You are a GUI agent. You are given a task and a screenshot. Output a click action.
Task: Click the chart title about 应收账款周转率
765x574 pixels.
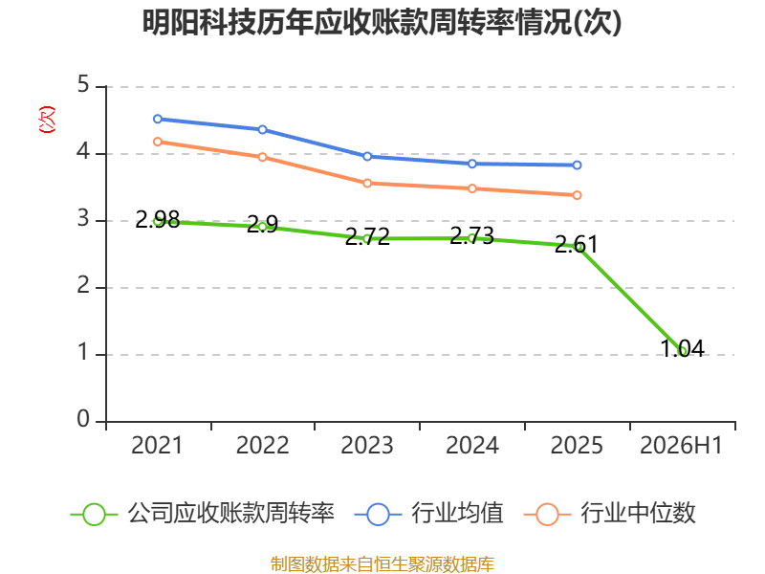point(382,22)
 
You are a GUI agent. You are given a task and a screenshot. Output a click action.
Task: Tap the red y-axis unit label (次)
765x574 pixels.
point(47,120)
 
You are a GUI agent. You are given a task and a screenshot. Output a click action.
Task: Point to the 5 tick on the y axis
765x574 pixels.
point(83,85)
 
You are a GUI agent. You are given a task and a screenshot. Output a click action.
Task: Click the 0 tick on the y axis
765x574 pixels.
point(83,419)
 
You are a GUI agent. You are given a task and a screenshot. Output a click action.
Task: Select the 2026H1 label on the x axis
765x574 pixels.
point(681,446)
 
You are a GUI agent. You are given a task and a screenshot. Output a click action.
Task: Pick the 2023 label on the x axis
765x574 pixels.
point(367,446)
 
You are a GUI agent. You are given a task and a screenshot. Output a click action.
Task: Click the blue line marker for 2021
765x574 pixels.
point(158,119)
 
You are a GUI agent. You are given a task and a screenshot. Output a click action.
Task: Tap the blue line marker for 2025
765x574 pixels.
point(578,166)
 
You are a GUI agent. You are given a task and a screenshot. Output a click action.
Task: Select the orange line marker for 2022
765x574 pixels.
point(262,157)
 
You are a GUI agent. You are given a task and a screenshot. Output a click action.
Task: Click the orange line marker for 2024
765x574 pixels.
point(472,188)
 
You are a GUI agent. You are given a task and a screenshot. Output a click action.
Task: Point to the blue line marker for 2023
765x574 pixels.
point(367,157)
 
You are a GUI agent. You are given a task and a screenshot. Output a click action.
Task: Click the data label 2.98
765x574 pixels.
point(158,219)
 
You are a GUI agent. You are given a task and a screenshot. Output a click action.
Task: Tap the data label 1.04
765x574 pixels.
point(683,348)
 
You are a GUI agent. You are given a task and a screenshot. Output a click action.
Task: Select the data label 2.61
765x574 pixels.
point(577,245)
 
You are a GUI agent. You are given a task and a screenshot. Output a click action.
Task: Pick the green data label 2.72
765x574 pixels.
point(367,236)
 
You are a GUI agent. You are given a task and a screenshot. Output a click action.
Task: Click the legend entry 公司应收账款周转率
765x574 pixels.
point(203,514)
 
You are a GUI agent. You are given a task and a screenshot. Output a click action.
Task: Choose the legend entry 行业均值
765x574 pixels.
point(428,514)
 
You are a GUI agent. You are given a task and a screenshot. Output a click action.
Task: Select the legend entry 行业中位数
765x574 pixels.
point(609,514)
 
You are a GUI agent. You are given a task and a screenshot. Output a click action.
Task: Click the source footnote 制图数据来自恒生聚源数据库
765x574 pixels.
point(382,564)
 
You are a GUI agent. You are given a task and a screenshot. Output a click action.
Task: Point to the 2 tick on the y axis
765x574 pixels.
point(83,285)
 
